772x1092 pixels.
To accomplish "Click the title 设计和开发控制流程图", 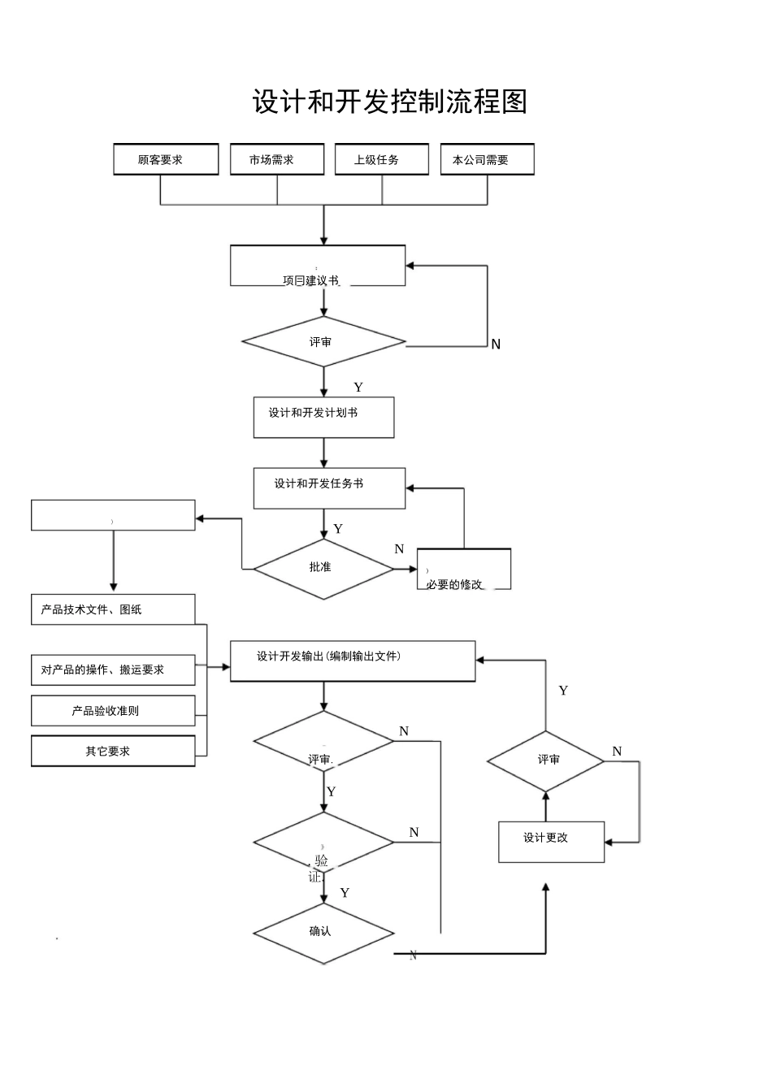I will (x=390, y=102).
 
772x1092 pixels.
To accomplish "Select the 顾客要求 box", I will (x=166, y=159).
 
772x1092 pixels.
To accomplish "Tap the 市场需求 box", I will (x=277, y=159).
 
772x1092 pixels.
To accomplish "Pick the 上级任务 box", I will (x=381, y=159).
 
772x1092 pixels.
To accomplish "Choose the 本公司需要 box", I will (x=487, y=159).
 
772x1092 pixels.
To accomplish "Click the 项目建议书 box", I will (x=318, y=266).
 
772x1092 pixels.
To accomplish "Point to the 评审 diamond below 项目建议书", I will (x=323, y=342).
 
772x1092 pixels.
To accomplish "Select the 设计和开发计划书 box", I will (x=323, y=418).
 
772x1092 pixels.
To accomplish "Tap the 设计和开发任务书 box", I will (x=329, y=488).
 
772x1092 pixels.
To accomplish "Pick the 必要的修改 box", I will (x=463, y=570).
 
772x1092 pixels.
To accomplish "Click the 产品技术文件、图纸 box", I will (x=113, y=609).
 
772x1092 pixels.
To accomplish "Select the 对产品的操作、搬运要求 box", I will (x=113, y=669).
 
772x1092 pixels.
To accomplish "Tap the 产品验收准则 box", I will (x=113, y=710).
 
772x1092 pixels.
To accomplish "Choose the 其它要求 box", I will (x=113, y=751).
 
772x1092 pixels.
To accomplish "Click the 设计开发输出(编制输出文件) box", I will (x=353, y=661).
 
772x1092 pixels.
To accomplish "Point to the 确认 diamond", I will (x=323, y=933).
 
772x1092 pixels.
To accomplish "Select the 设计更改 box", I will (x=551, y=842).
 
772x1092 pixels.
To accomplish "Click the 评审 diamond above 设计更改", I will (x=546, y=760).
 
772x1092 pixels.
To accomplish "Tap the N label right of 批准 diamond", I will (x=399, y=549).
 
